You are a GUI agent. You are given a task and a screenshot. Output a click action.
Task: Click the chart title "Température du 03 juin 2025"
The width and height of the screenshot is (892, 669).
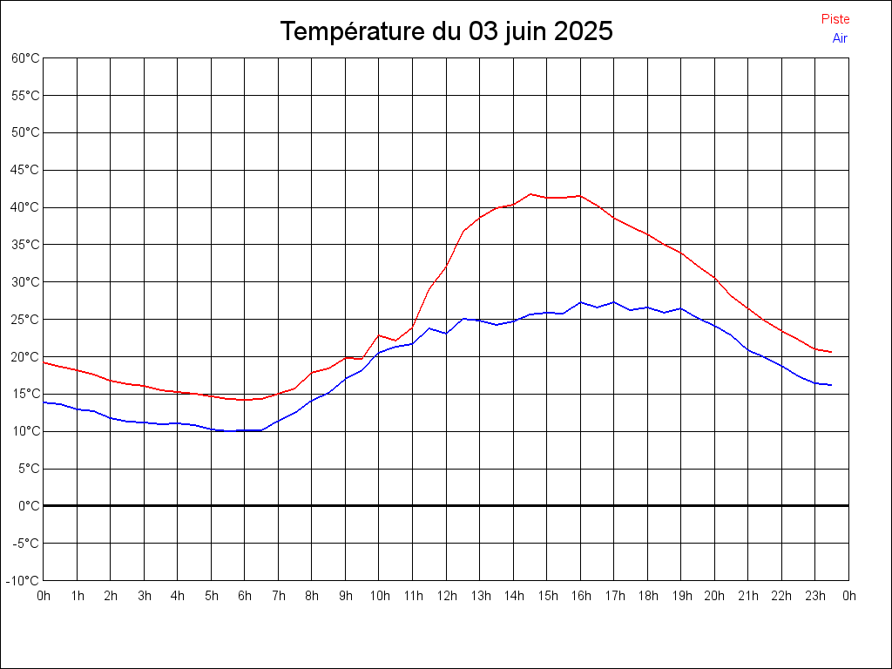(x=446, y=32)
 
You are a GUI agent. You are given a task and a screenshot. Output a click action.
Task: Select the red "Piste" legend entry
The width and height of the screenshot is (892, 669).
(x=835, y=19)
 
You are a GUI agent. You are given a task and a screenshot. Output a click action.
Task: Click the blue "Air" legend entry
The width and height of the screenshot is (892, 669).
(x=839, y=38)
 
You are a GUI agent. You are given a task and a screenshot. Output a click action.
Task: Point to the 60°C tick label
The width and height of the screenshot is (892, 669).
(x=25, y=58)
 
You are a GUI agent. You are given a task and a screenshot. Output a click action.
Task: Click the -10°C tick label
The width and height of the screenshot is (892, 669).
(x=24, y=581)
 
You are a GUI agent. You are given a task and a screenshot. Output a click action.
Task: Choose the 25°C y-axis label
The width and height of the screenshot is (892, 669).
(x=25, y=320)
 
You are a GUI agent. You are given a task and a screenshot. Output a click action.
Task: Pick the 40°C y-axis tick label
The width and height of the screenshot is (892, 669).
(x=25, y=207)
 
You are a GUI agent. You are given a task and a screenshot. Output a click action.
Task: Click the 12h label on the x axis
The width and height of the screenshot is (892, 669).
(x=446, y=597)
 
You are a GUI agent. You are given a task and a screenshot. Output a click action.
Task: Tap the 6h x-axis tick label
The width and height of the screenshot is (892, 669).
(x=245, y=597)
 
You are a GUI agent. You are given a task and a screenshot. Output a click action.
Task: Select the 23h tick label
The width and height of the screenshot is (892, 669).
(x=814, y=597)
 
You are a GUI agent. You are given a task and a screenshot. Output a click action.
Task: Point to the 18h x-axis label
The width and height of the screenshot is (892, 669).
(x=647, y=597)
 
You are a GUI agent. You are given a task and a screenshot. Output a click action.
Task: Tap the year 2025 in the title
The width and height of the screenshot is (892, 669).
(x=584, y=32)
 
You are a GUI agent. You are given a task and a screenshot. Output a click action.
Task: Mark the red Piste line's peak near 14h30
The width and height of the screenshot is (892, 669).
(x=530, y=194)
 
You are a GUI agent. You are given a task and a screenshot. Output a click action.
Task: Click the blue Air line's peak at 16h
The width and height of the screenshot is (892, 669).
(x=580, y=302)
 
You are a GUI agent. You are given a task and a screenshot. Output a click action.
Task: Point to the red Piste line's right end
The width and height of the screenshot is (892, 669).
(x=831, y=352)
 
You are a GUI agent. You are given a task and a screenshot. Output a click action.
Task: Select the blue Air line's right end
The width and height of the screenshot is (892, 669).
(x=831, y=385)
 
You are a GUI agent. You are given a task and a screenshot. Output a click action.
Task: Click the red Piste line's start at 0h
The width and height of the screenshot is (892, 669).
(x=44, y=362)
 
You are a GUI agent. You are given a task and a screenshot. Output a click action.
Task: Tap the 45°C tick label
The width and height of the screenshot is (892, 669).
(x=25, y=170)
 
